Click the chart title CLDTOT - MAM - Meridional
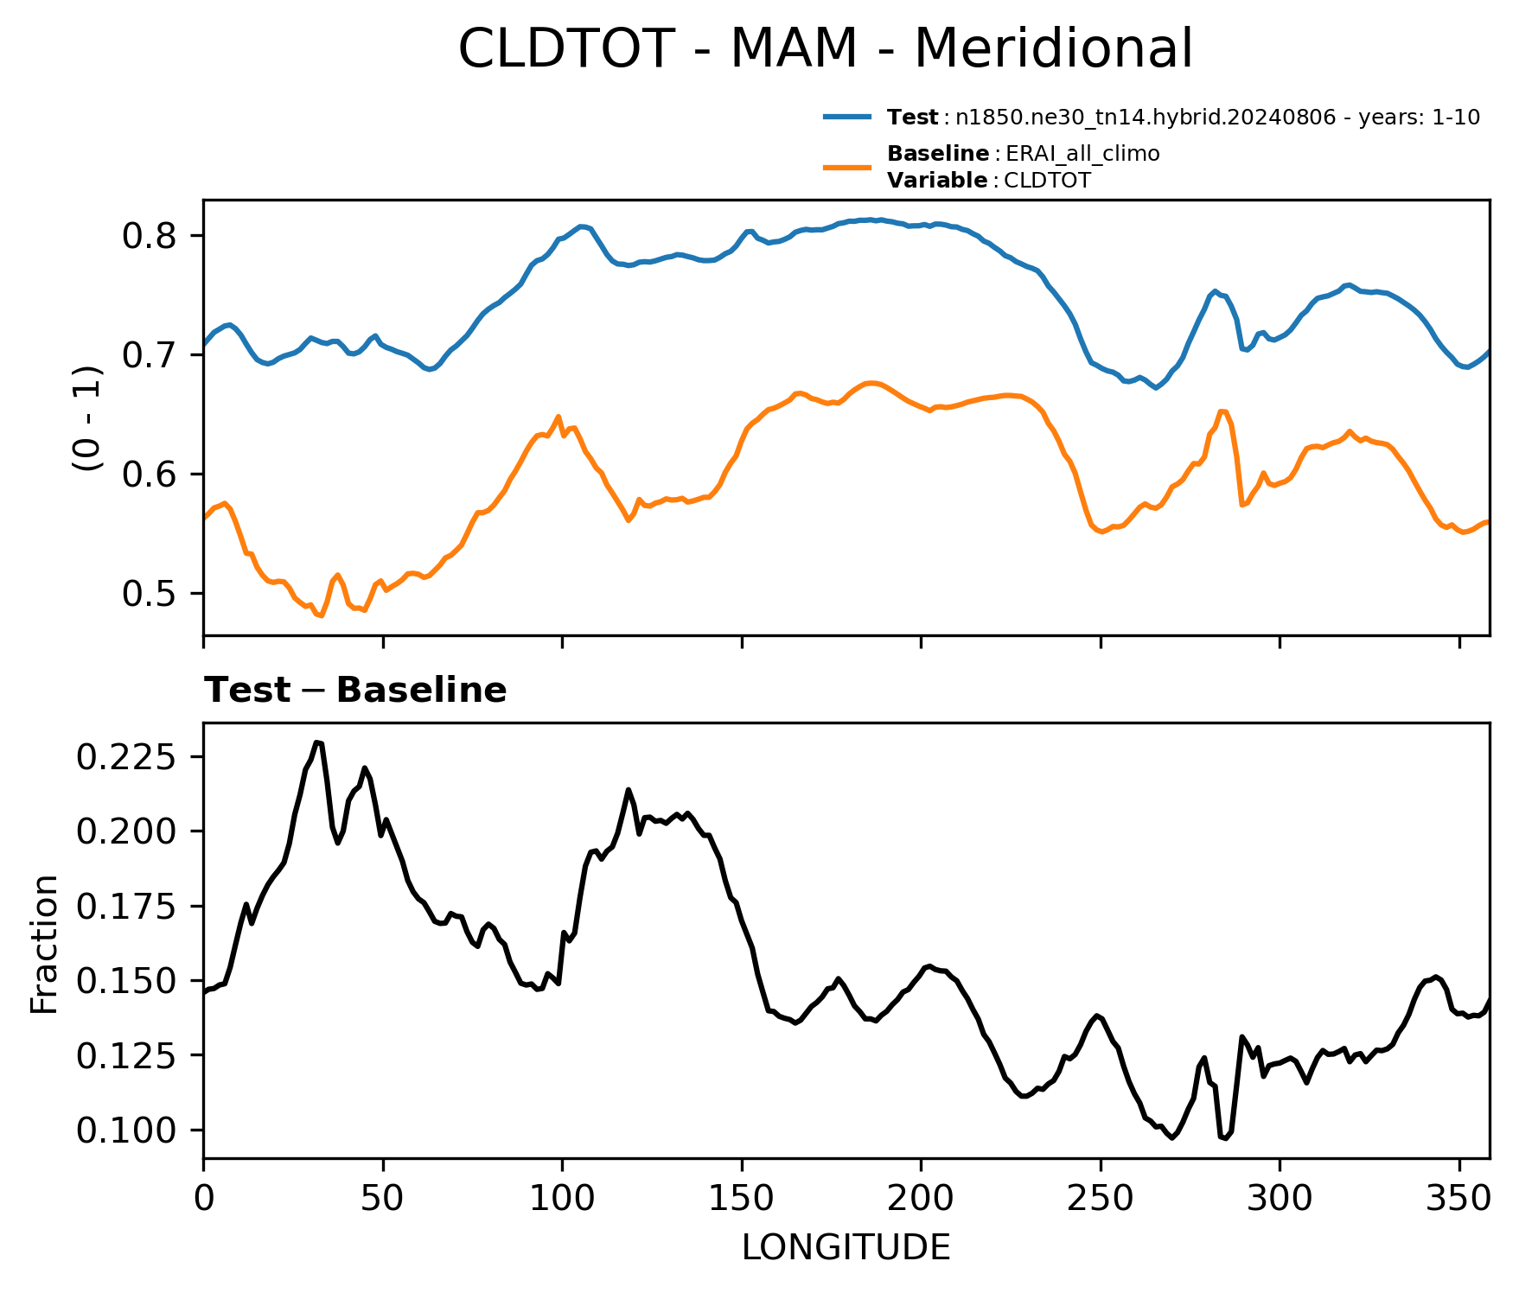(x=825, y=48)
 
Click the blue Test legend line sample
(x=847, y=117)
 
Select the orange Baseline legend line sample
(x=847, y=167)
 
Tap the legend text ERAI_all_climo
(x=1082, y=154)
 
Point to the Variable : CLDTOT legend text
(x=989, y=181)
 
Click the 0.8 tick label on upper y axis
(x=150, y=236)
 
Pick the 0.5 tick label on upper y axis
(x=150, y=594)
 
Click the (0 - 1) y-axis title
(x=88, y=418)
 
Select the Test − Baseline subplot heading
(x=355, y=691)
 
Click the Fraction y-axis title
(x=44, y=944)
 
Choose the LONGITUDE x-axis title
(x=846, y=1248)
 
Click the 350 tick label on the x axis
(x=1459, y=1199)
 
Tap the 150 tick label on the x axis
(x=742, y=1199)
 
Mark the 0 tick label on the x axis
(x=204, y=1199)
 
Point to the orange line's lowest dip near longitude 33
(x=321, y=615)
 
